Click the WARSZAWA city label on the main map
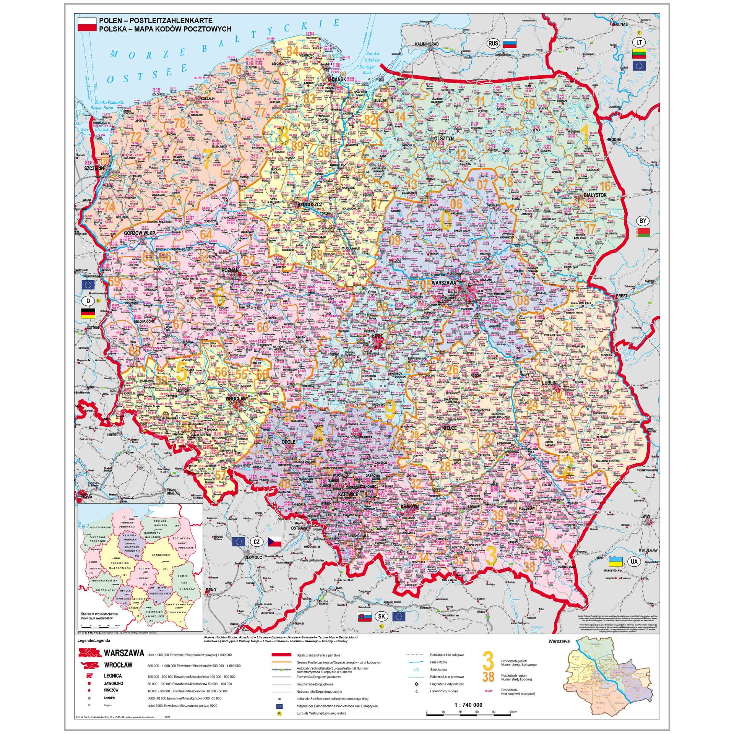coord(445,283)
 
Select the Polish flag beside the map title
coord(87,24)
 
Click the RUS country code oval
coord(494,43)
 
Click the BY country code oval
coord(643,221)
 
